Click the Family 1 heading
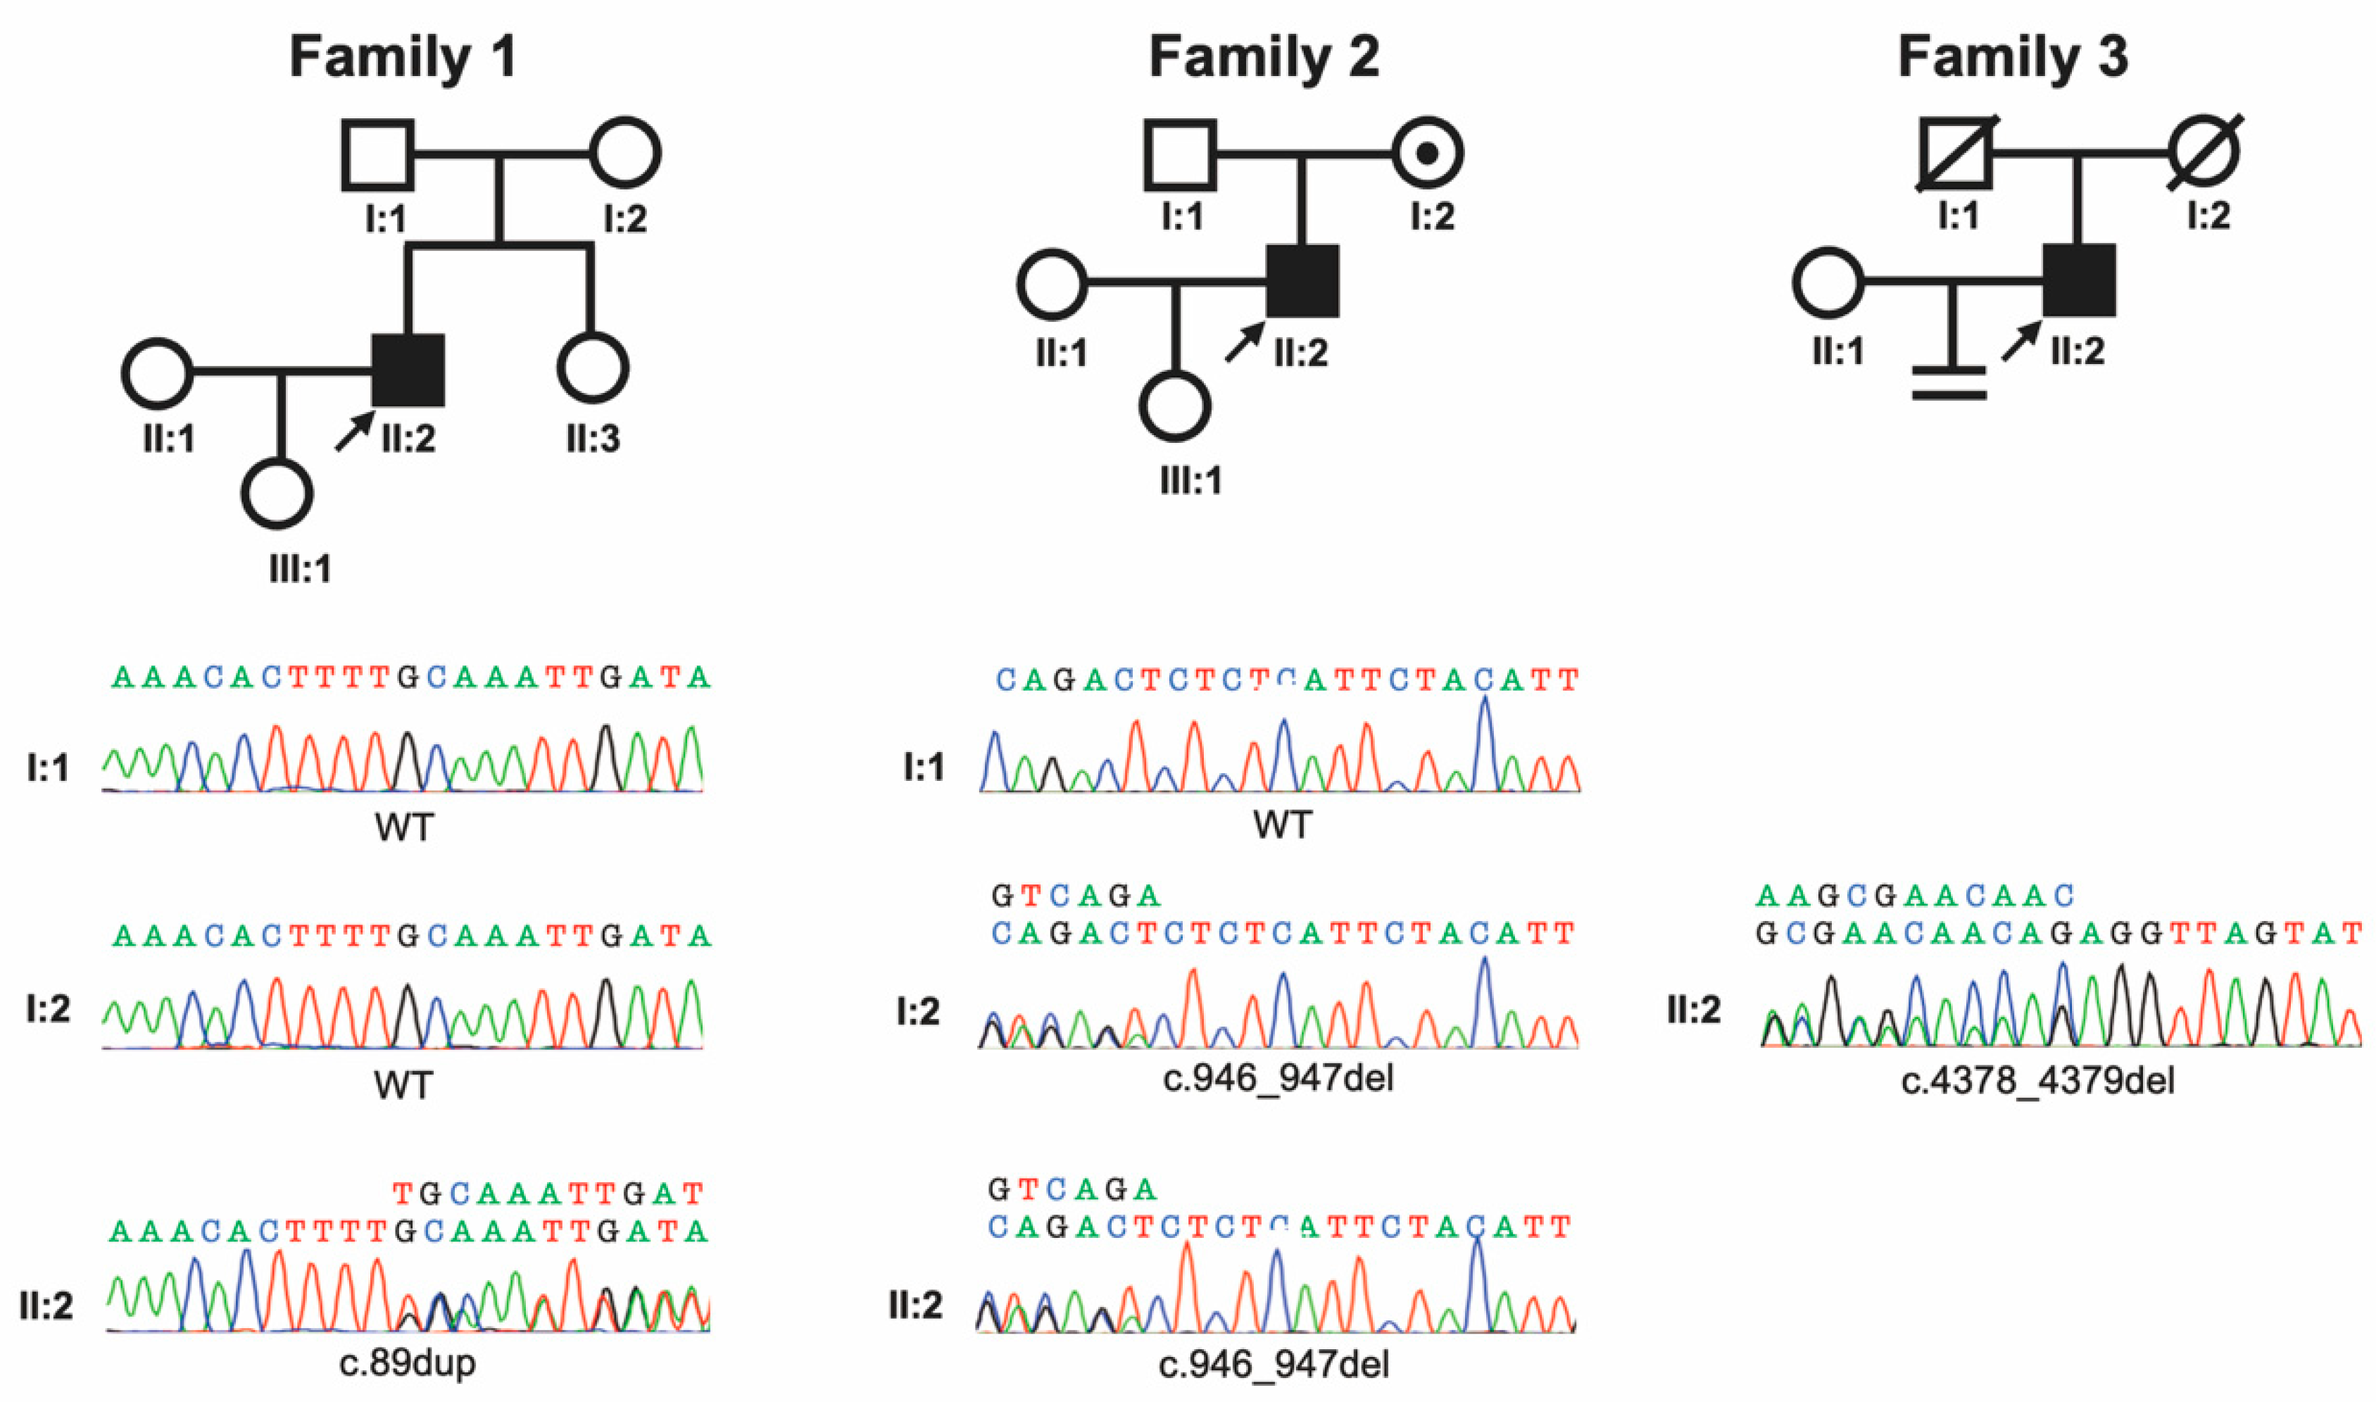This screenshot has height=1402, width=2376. [403, 56]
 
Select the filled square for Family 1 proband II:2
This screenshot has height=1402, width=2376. [408, 370]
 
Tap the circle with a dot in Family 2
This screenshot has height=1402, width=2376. [1428, 153]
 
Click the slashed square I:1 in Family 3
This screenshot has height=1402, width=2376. [1956, 153]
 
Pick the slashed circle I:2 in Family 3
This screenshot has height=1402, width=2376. [2205, 151]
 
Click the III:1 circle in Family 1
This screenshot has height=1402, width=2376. [277, 494]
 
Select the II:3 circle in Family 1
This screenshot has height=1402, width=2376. [593, 368]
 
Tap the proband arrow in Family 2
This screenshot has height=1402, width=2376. [1245, 342]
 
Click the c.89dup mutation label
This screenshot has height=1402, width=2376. [407, 1363]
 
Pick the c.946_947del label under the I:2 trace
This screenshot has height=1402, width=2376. [1278, 1078]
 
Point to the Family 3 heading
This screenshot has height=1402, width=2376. [2013, 56]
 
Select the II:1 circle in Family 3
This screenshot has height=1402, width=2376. [1828, 282]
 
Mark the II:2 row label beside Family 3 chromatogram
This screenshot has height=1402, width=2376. [1693, 1010]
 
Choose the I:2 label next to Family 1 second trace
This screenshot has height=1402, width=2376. [48, 1009]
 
